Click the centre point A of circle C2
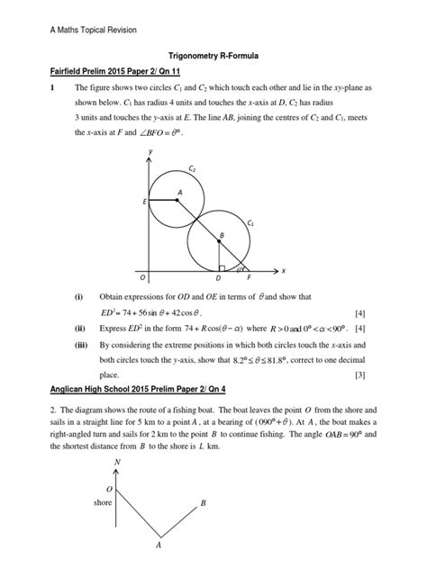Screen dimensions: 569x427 (177, 199)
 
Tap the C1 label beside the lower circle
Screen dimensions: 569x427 (251, 221)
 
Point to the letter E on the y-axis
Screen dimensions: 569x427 (144, 203)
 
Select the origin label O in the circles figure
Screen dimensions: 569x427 (142, 277)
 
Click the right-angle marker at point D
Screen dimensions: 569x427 (222, 266)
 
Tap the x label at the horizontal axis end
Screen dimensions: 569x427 (282, 270)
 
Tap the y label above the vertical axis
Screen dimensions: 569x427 (150, 150)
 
